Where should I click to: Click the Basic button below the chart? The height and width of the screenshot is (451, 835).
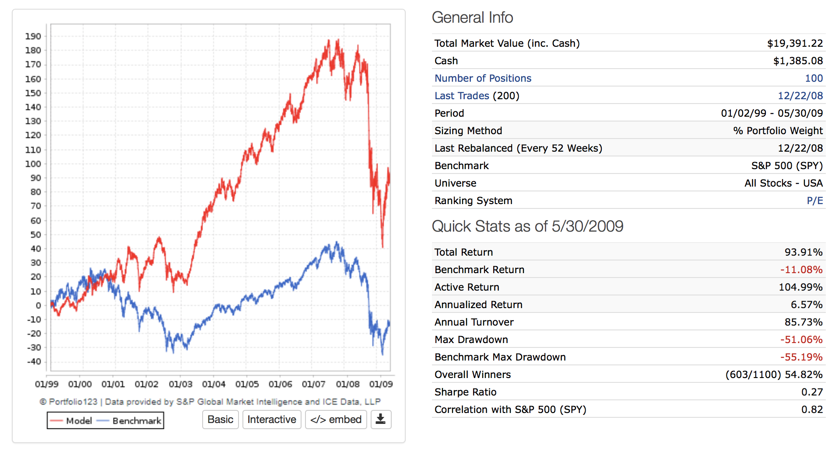[220, 420]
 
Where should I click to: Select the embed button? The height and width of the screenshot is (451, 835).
[336, 420]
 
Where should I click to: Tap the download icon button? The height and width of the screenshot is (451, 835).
[381, 420]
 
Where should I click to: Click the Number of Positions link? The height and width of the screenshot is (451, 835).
[483, 78]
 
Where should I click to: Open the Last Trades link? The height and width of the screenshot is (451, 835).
[462, 96]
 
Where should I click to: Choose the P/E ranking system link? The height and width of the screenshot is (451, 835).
[814, 201]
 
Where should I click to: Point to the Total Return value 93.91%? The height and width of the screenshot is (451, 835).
[803, 252]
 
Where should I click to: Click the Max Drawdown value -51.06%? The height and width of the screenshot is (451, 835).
[801, 340]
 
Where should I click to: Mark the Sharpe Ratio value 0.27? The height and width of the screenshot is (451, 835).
[812, 392]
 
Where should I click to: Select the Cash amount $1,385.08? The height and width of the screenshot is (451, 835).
[798, 61]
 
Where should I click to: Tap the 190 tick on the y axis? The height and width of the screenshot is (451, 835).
[33, 36]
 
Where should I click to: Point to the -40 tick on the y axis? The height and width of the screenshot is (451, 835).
[34, 361]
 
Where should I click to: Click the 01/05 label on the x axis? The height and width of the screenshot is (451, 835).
[247, 384]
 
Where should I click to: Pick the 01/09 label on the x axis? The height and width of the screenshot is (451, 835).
[381, 384]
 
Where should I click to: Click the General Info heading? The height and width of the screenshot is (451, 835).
[472, 17]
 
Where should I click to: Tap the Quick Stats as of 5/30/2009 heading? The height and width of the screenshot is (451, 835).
[527, 226]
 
